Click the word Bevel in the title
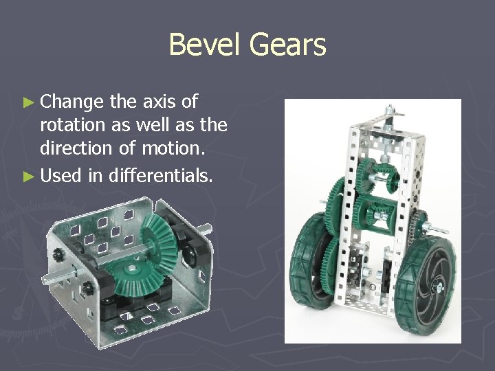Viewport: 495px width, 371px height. [206, 45]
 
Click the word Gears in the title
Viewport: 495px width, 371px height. [287, 45]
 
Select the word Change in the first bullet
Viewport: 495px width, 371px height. [72, 102]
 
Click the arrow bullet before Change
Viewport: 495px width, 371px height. [28, 103]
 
